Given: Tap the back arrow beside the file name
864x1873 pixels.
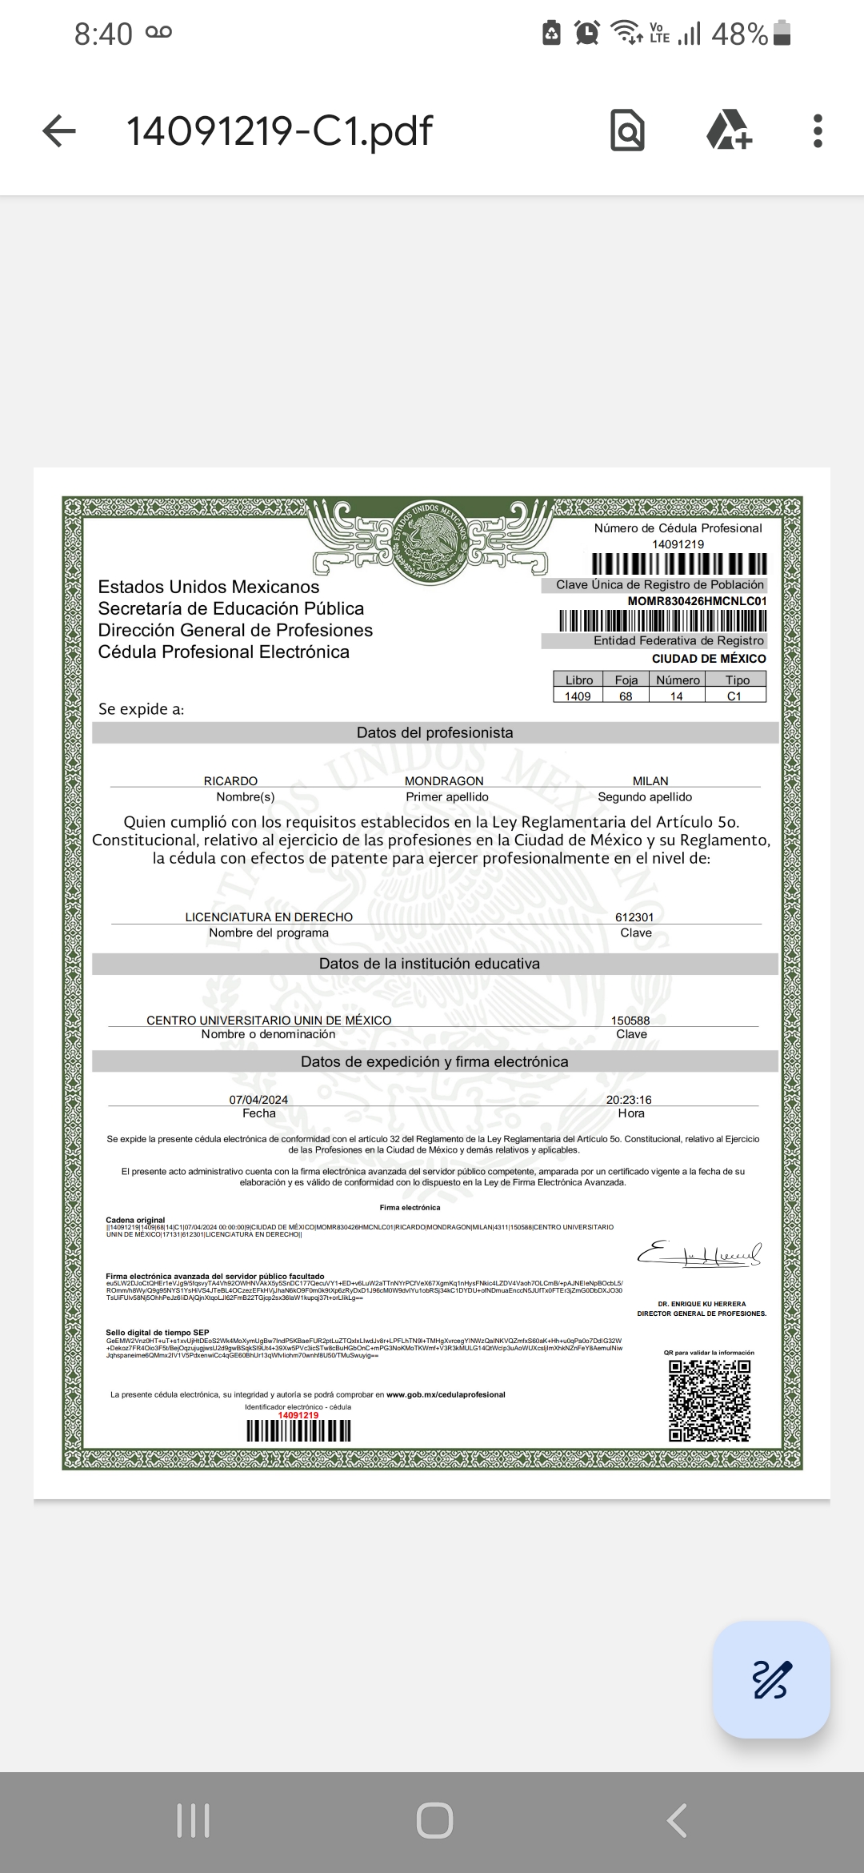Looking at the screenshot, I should coord(58,130).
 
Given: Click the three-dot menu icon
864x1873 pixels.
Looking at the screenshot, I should coord(817,130).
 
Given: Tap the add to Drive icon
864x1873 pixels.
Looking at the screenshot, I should coord(729,130).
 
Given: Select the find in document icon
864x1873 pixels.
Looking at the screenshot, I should coord(627,130).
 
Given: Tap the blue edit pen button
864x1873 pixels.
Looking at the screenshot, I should coord(771,1680).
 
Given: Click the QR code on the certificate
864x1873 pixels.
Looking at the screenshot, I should coord(710,1401).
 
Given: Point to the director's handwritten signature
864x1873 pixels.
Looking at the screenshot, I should coord(699,1254).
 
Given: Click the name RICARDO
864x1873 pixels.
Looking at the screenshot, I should coord(230,780).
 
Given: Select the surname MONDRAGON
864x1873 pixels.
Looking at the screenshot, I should coord(444,780).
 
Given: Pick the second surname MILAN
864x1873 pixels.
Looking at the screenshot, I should coord(650,780).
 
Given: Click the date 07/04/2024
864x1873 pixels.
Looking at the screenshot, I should coord(258,1100).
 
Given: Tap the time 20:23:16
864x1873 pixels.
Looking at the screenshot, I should coord(629,1100).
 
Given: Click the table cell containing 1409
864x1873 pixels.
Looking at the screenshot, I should coord(578,696).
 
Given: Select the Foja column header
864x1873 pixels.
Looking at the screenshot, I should coord(626,680).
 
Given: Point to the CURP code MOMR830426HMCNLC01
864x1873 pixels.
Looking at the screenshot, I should coord(697,601).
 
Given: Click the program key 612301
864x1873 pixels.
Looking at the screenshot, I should coord(634,917).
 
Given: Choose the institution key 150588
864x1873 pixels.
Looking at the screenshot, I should coord(630,1021).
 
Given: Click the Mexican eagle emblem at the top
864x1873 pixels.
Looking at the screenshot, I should coord(435,539).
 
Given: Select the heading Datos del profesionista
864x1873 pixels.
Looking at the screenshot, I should coord(435,732).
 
